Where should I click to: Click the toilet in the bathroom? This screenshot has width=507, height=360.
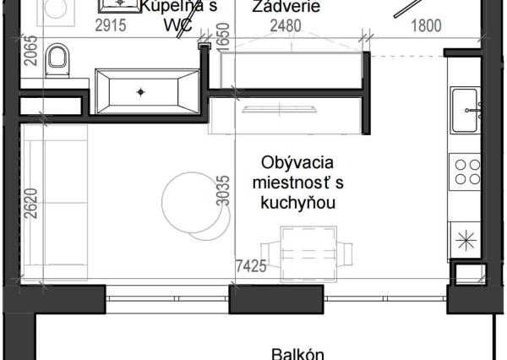pos(57,60)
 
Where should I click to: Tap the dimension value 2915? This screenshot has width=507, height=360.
pos(110,26)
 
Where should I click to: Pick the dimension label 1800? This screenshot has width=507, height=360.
pos(425,26)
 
